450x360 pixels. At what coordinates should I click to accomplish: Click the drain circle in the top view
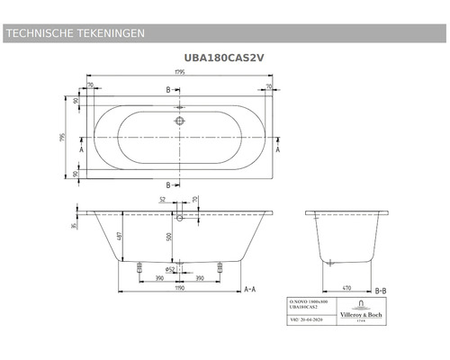tap(180, 118)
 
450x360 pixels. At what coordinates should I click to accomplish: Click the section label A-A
tap(253, 289)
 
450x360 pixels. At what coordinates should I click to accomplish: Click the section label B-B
tap(379, 289)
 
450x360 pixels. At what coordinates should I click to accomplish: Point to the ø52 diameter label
tap(171, 267)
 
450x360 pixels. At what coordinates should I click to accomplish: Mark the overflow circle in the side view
tap(180, 217)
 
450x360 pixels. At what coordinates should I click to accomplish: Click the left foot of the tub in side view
tap(139, 267)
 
